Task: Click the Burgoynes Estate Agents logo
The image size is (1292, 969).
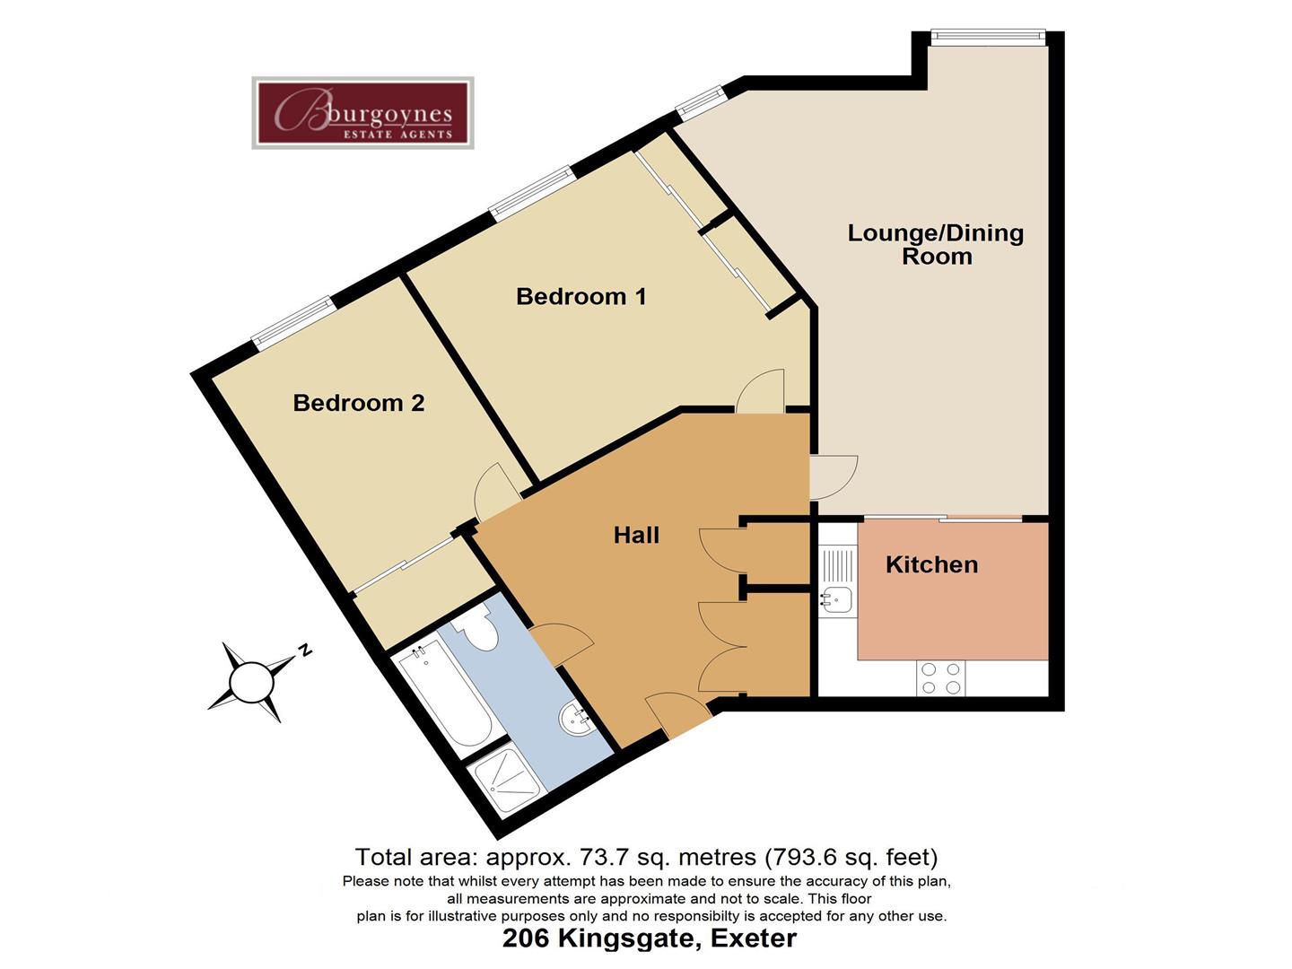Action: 362,113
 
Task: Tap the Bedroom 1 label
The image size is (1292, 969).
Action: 581,296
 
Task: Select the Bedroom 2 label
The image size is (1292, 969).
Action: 358,403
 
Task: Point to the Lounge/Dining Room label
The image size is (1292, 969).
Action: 936,244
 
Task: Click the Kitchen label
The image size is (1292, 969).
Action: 931,564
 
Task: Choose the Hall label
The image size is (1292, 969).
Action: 636,536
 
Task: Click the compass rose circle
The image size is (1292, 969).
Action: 251,683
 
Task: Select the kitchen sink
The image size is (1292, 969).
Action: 835,598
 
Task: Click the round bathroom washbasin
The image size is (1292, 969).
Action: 576,720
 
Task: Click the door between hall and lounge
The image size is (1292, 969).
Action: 832,476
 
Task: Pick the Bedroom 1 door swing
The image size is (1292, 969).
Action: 762,393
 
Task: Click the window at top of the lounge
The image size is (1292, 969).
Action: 987,36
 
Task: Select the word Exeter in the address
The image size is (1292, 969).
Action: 753,939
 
